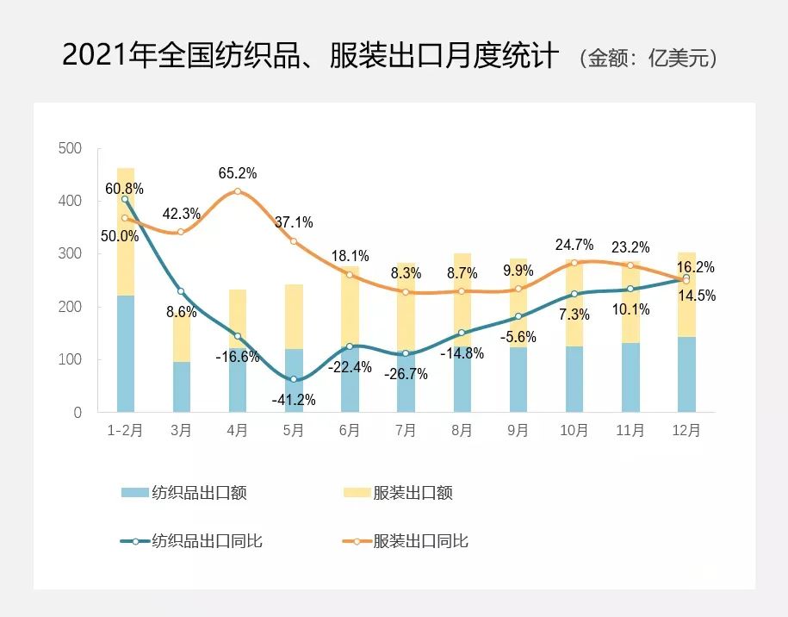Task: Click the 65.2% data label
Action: coord(238,173)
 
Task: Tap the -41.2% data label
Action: coord(294,400)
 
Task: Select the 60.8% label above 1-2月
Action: coord(125,188)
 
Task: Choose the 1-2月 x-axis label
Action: coord(125,431)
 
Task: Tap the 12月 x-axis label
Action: coord(686,431)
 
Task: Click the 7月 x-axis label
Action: coord(406,431)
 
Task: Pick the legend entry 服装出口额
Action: coord(412,493)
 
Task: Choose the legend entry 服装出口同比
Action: coord(420,541)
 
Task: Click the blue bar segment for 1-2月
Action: coord(126,353)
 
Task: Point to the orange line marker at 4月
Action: coord(238,191)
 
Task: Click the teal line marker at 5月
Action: coord(294,379)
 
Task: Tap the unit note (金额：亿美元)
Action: coord(648,59)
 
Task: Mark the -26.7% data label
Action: coord(406,375)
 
